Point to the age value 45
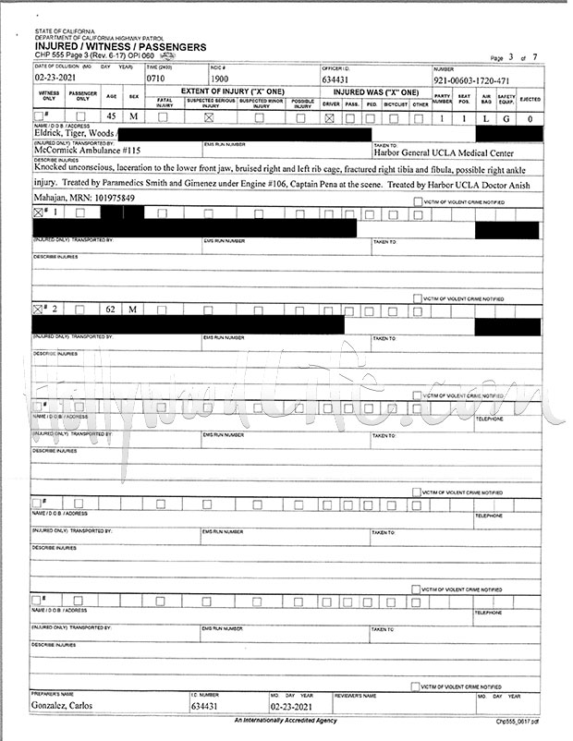coord(110,118)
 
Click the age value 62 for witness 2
coord(110,307)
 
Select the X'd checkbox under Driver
coord(330,118)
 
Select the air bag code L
coord(485,118)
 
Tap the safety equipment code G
coord(506,118)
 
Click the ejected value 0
coord(530,118)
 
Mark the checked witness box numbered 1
coord(38,213)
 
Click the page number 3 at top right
coord(522,57)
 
